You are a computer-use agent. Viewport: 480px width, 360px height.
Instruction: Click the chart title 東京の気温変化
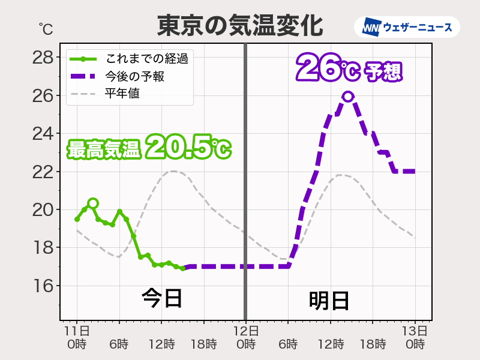pos(240,26)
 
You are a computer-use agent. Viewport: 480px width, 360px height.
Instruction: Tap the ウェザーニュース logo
pos(407,28)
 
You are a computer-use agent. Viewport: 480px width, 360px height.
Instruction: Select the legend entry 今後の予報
pos(134,76)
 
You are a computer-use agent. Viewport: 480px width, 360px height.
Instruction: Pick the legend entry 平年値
pos(122,94)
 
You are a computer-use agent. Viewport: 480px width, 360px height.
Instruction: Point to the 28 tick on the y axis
pos(43,58)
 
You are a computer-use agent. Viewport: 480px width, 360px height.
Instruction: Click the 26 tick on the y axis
pos(43,95)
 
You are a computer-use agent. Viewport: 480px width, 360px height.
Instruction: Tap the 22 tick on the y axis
pos(43,172)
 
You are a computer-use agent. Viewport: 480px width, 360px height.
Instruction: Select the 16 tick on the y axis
pos(43,286)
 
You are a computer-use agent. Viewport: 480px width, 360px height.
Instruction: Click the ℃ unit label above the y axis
pos(46,28)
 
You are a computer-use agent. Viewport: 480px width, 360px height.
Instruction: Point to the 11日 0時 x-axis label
pos(77,337)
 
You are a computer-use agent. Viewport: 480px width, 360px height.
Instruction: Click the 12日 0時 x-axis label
pos(245,337)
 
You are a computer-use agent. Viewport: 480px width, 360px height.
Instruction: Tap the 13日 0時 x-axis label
pos(415,337)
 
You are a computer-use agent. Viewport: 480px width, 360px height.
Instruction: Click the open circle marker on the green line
pos(92,203)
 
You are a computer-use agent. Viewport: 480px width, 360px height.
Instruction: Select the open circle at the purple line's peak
pos(347,96)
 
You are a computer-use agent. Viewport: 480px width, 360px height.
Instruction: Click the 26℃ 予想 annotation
pos(349,68)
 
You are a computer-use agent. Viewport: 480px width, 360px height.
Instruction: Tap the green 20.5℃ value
pos(187,148)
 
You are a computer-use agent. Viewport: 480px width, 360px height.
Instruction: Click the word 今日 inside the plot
pos(161,298)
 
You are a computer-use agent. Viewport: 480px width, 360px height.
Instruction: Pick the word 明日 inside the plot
pos(329,301)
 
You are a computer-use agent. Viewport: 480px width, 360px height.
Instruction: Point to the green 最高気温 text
pos(103,149)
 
